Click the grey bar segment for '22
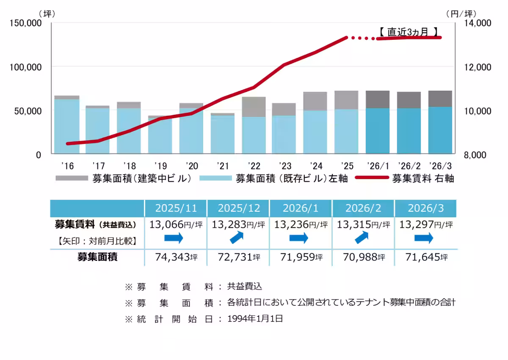(254, 107)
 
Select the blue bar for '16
(67, 126)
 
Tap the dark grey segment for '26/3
(440, 99)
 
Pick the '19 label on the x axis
(160, 165)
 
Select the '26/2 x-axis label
(409, 165)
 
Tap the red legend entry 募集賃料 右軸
(404, 178)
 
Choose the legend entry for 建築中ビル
(123, 178)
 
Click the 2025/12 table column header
(238, 208)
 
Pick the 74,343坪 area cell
(176, 257)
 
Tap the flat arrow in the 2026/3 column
(424, 238)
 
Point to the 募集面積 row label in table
(97, 257)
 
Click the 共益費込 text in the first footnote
(245, 286)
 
